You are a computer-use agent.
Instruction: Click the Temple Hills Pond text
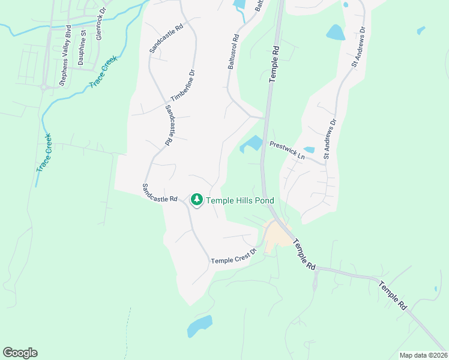click(x=240, y=200)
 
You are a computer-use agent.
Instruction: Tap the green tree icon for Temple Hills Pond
click(x=196, y=199)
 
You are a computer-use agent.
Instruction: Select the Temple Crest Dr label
click(x=234, y=256)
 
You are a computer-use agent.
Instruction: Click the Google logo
click(x=20, y=353)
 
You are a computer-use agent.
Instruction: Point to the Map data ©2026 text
click(x=423, y=355)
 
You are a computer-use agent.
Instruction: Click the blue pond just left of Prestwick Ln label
click(x=252, y=144)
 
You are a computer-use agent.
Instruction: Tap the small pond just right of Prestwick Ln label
click(x=309, y=149)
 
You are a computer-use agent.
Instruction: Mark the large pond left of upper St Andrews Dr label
click(x=336, y=32)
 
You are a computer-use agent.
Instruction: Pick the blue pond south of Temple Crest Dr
click(x=199, y=325)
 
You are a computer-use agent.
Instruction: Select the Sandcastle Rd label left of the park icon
click(x=160, y=191)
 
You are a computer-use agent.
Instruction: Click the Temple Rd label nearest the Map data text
click(x=393, y=296)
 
